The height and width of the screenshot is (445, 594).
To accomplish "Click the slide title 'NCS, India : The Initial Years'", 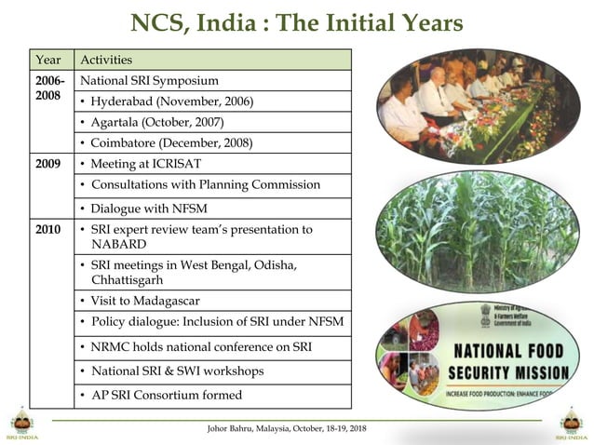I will click(x=296, y=21).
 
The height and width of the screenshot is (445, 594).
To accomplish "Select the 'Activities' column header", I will click(x=106, y=60).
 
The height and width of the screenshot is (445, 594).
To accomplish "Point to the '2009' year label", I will click(x=47, y=163).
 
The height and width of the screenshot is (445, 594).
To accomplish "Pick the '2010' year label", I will click(x=47, y=229).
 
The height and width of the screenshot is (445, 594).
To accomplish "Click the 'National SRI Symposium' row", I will click(x=149, y=81).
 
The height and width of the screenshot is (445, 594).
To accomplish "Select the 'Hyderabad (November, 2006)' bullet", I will click(x=171, y=101).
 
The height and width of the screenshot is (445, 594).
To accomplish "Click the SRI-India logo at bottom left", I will click(x=20, y=421).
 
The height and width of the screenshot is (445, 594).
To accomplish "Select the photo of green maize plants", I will click(x=478, y=229).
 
